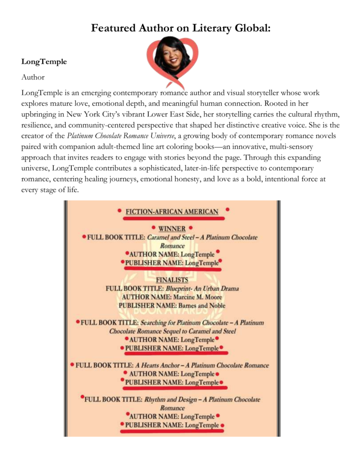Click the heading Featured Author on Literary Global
click(181, 28)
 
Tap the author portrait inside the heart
click(173, 57)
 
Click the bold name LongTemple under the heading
click(44, 62)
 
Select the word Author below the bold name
click(33, 77)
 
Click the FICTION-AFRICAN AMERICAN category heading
click(172, 211)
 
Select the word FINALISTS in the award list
click(172, 280)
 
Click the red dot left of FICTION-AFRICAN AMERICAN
click(119, 211)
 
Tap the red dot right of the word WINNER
click(190, 227)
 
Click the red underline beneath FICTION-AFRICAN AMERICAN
click(172, 218)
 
